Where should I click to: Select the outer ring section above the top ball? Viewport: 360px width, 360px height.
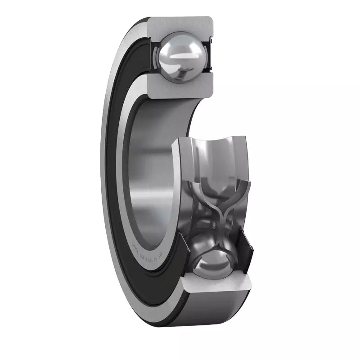(180, 25)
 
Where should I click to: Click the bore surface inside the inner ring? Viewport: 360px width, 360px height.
(153, 171)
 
